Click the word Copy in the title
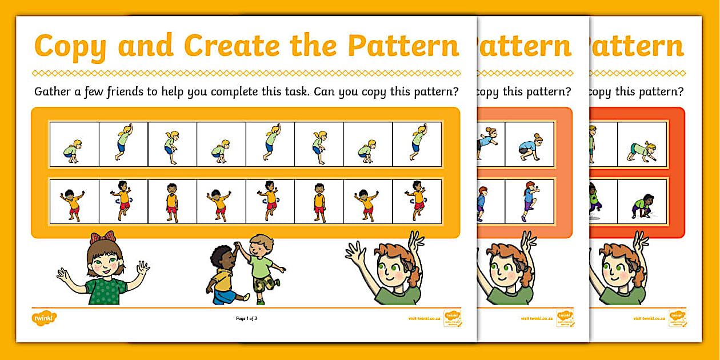point(71,46)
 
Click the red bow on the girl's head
point(102,237)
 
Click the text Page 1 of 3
point(246,318)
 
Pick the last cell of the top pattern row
point(417,143)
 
